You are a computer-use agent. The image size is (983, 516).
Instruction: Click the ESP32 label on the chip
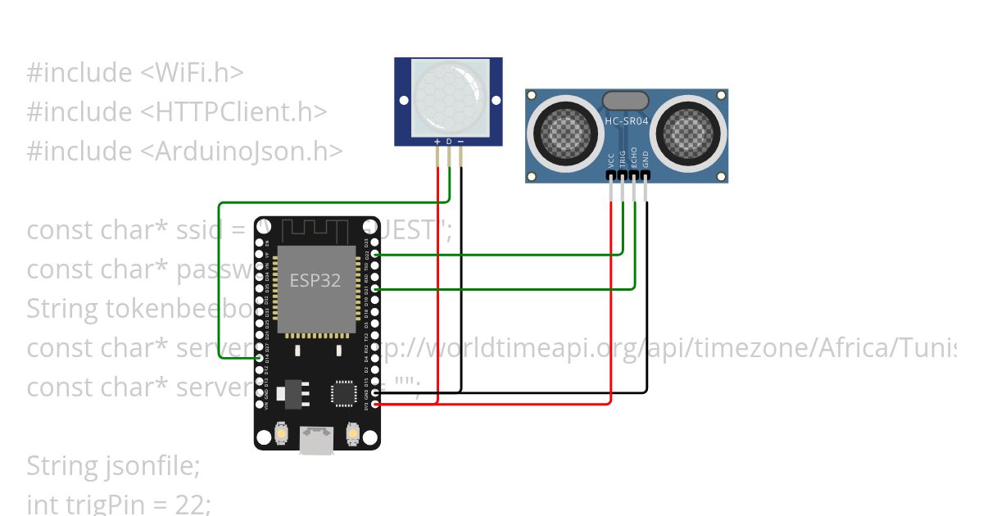click(315, 280)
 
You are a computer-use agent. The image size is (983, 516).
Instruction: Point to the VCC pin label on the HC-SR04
click(611, 161)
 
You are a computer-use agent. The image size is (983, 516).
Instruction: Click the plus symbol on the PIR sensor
click(437, 142)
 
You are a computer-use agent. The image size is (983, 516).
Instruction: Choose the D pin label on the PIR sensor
click(449, 142)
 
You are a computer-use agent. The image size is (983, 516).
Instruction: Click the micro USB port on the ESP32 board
click(316, 440)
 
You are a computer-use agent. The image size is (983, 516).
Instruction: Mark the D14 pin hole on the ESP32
click(260, 359)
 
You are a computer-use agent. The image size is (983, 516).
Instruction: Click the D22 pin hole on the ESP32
click(375, 255)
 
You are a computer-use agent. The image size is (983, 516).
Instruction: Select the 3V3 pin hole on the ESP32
click(375, 404)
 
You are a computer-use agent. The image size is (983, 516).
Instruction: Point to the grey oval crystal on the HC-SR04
click(625, 100)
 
